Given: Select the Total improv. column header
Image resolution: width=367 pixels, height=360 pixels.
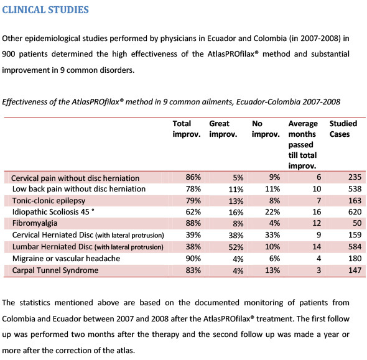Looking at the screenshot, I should click(186, 129).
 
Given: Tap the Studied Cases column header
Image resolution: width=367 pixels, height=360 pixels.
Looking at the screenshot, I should click(343, 129).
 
